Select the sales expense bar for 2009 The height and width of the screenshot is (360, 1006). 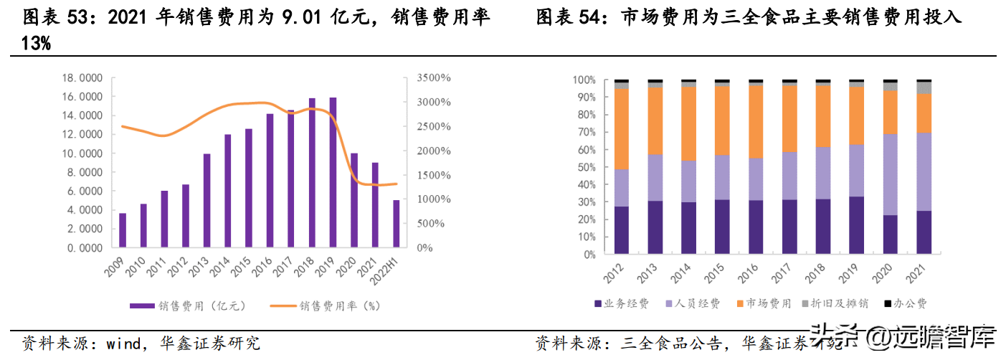coord(123,230)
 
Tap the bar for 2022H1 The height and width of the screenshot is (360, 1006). coord(397,224)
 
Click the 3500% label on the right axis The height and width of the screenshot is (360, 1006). coord(434,78)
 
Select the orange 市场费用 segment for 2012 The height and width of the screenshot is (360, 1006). coord(621,128)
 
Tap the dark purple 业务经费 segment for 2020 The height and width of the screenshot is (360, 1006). coord(891,234)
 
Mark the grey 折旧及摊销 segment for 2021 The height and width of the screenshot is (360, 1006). coord(924,87)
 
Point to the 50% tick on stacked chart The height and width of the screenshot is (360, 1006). coord(585,167)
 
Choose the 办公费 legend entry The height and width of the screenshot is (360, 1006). coord(906,304)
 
